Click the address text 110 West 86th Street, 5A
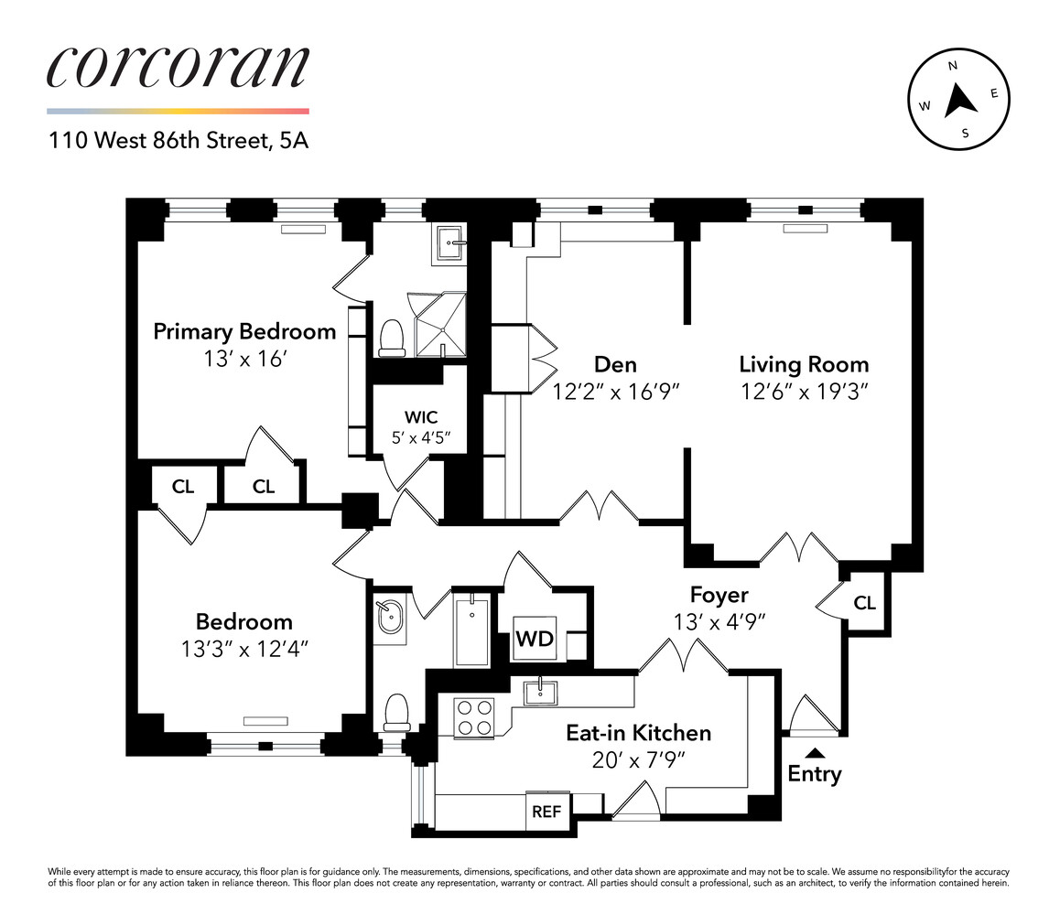tap(178, 142)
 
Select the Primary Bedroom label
tap(244, 331)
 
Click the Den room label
tap(614, 364)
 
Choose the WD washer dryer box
tap(535, 639)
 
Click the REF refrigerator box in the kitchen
tap(546, 811)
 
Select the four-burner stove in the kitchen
tap(474, 716)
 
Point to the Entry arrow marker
tap(814, 753)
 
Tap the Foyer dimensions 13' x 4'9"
tap(719, 620)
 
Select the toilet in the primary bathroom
tap(392, 336)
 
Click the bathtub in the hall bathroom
tap(471, 630)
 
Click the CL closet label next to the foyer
tap(864, 603)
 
